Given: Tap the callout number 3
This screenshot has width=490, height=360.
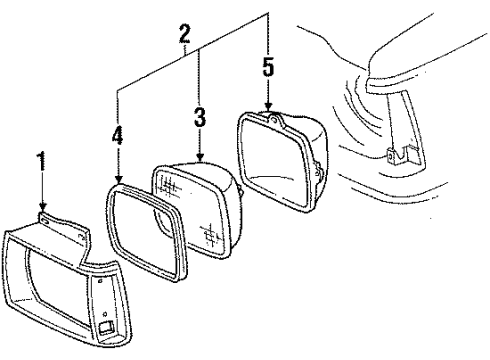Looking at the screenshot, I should (x=200, y=116).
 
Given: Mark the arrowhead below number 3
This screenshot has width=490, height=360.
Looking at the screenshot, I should (x=201, y=159).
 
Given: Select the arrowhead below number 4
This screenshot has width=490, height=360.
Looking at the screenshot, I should (x=118, y=179).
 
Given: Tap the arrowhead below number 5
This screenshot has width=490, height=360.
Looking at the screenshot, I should (x=267, y=109).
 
